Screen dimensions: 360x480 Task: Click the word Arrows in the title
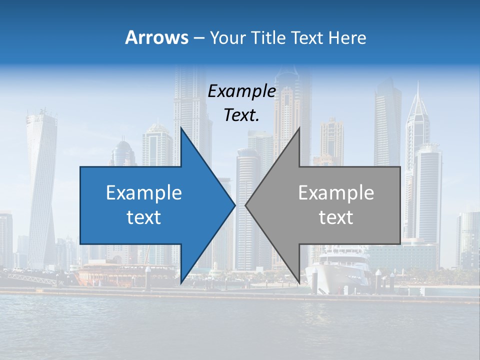tap(156, 37)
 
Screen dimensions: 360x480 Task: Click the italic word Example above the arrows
tap(242, 91)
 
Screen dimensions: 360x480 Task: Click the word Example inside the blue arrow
tap(144, 193)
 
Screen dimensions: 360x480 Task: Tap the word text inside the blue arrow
tap(144, 217)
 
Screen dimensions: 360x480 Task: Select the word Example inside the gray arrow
tap(336, 193)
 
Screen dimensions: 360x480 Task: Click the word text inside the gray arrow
tap(336, 217)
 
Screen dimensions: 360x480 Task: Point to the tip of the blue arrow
tap(234, 205)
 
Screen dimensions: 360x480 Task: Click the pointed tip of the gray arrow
tap(246, 205)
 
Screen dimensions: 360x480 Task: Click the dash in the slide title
tap(198, 37)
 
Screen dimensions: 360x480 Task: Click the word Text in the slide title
tap(308, 37)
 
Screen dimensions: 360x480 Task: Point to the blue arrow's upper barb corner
tap(181, 128)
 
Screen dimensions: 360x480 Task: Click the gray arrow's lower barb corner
tap(299, 283)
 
